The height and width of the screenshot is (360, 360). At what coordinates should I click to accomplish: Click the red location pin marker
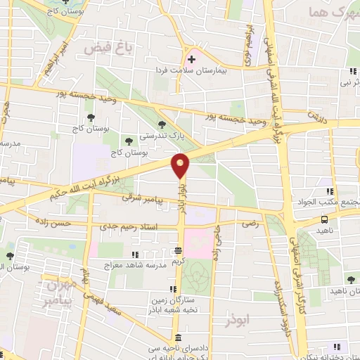coord(181,166)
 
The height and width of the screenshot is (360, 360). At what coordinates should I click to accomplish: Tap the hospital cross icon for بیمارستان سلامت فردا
coord(191,59)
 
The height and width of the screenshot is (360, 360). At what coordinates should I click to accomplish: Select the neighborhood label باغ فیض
coord(102,47)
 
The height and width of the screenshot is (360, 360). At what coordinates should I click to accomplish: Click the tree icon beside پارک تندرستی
coord(162,124)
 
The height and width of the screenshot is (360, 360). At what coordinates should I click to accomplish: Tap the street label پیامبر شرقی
coord(148,200)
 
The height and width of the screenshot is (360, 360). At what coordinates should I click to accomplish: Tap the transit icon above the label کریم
coord(179,250)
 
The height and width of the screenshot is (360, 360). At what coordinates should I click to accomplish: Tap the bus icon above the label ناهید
coord(324,219)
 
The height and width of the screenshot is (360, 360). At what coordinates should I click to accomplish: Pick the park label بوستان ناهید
coord(339,289)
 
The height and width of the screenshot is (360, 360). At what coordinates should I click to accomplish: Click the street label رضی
coord(251,223)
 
